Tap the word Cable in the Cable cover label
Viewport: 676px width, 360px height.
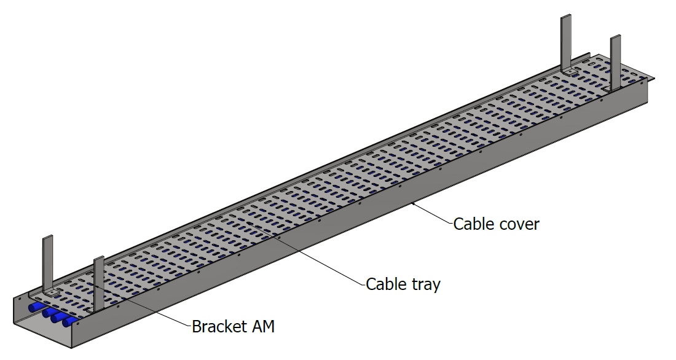[x=473, y=224]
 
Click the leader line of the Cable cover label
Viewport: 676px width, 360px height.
[x=433, y=213]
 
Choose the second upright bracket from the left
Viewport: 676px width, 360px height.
[x=99, y=283]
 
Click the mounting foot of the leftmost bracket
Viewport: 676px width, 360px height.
[x=52, y=293]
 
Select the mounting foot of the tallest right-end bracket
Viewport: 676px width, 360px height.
[x=570, y=73]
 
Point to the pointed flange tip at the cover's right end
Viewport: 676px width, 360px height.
[x=653, y=79]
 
